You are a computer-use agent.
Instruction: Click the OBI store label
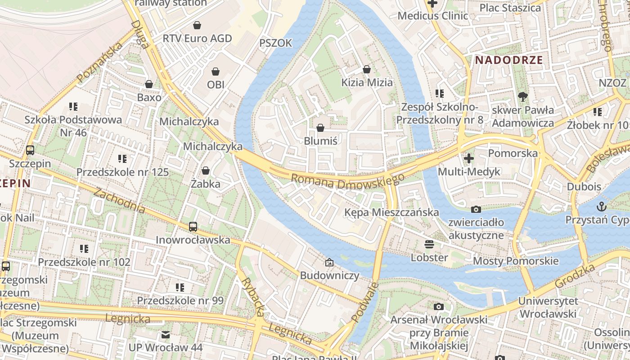(216, 85)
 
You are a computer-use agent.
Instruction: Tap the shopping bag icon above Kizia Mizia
(367, 69)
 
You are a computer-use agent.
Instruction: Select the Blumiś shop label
(320, 141)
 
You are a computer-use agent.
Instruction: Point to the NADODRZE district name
(509, 60)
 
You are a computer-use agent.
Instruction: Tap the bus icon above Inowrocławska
(193, 227)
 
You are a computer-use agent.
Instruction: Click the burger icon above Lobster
(429, 244)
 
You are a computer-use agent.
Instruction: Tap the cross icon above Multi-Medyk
(469, 158)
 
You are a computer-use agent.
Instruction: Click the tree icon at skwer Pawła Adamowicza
(522, 96)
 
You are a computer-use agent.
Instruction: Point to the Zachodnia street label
(119, 200)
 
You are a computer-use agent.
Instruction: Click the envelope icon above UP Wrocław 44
(166, 335)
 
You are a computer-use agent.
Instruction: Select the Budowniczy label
(329, 275)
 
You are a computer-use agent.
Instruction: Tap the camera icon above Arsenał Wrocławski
(438, 307)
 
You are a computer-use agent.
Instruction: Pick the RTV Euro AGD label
(197, 39)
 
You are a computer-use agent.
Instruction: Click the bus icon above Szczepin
(30, 150)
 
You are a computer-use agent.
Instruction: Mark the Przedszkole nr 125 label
(122, 172)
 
